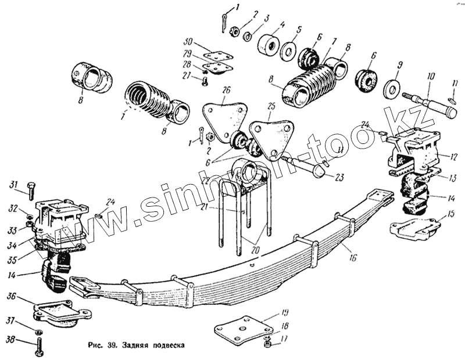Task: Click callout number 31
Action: pyautogui.click(x=13, y=185)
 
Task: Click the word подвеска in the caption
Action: pyautogui.click(x=166, y=344)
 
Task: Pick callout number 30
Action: pyautogui.click(x=187, y=42)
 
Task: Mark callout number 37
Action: pyautogui.click(x=10, y=321)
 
